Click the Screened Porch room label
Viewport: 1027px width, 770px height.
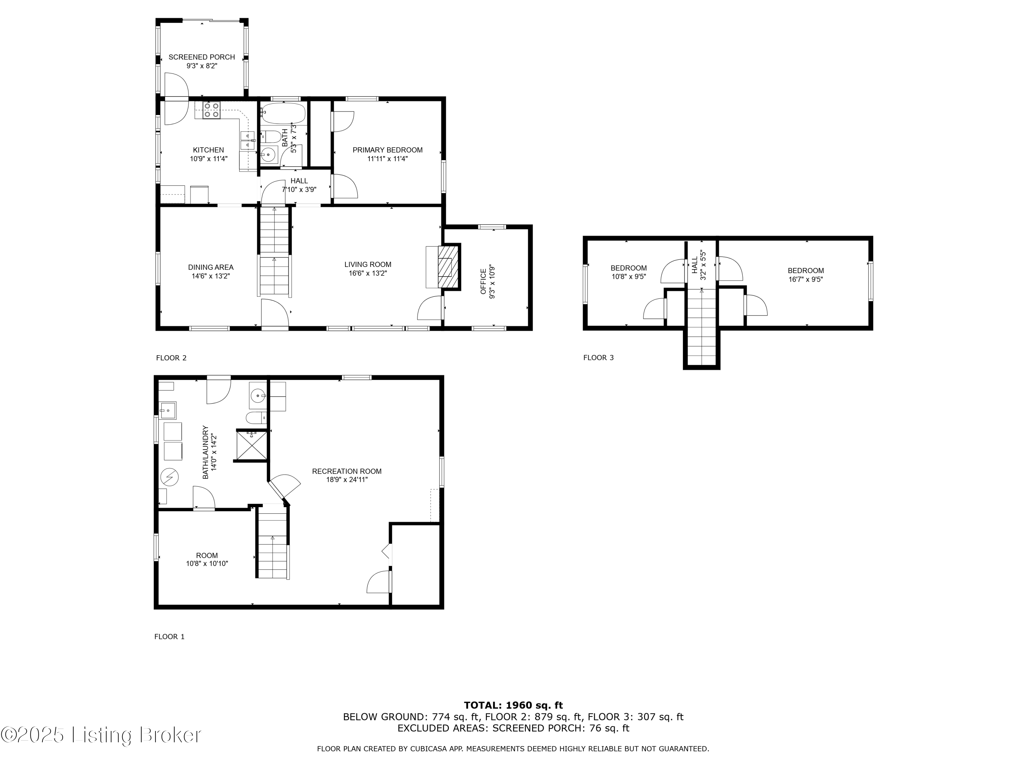pos(202,57)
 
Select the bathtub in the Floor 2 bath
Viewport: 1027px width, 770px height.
pos(283,113)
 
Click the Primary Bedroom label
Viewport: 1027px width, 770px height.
pos(387,150)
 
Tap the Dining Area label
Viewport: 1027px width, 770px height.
pos(211,267)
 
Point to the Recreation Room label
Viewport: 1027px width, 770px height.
pos(346,471)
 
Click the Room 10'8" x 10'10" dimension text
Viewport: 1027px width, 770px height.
pos(207,563)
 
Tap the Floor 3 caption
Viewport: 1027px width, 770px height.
pos(598,357)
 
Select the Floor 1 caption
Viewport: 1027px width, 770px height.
pos(169,636)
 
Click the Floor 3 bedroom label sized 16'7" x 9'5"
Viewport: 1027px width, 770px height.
pos(806,271)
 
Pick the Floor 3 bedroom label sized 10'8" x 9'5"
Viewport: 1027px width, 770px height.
pos(628,268)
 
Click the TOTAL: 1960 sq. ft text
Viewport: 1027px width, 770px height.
pos(513,705)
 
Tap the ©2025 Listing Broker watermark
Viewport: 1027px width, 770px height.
pos(101,735)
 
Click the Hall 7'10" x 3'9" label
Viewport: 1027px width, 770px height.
pos(299,181)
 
